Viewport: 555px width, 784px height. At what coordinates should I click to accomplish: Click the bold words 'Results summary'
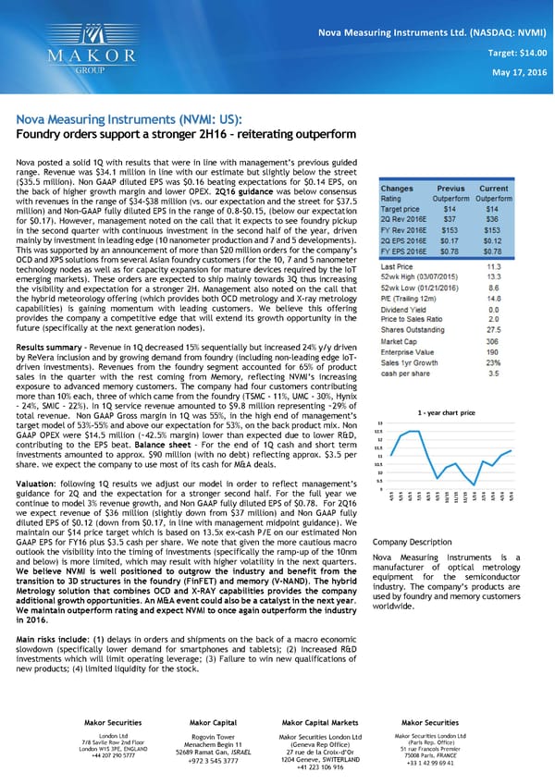click(46, 346)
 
